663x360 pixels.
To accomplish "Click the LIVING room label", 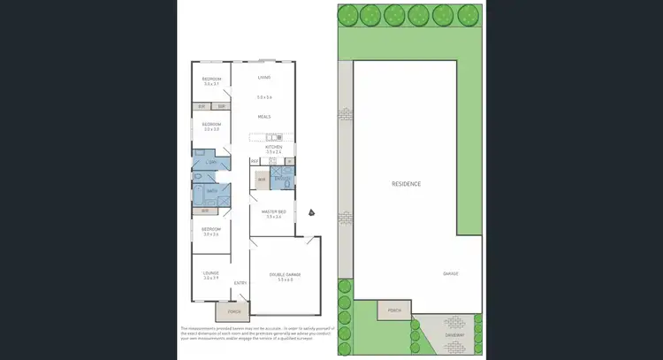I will click(x=263, y=78).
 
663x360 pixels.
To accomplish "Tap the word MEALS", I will click(x=263, y=117).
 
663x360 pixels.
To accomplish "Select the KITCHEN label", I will click(x=273, y=147).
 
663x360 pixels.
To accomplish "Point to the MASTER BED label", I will click(x=273, y=211).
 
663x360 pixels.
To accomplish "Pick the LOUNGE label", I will click(x=210, y=274).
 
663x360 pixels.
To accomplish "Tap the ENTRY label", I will click(x=240, y=283).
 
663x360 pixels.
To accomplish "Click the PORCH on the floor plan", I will click(x=234, y=310).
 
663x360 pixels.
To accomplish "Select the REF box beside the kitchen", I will click(x=254, y=161).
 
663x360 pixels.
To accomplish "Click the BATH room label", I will click(x=211, y=190).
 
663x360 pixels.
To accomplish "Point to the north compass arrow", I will click(x=311, y=212).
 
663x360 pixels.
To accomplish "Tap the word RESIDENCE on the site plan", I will click(x=407, y=184).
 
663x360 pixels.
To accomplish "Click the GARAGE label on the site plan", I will click(x=451, y=274).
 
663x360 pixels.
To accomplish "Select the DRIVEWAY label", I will click(x=455, y=334).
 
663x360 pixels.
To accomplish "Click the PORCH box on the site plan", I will click(x=394, y=310).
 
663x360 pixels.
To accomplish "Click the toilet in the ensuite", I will click(x=286, y=183).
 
